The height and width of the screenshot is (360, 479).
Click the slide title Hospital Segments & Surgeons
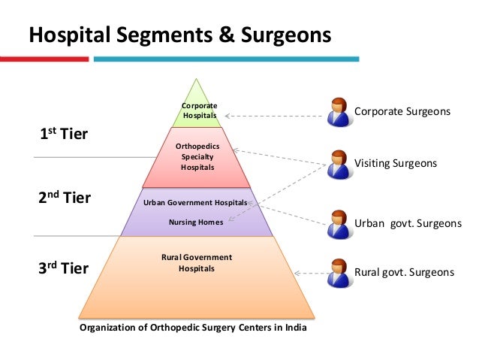pyautogui.click(x=180, y=35)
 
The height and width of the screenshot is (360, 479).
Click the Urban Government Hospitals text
pyautogui.click(x=194, y=203)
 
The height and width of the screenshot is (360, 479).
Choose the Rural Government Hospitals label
pyautogui.click(x=197, y=262)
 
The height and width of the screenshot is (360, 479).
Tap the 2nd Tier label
pyautogui.click(x=65, y=198)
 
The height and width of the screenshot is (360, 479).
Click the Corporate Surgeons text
pyautogui.click(x=402, y=111)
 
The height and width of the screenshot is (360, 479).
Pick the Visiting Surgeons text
pyautogui.click(x=395, y=162)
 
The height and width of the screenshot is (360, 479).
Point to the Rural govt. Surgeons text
pyautogui.click(x=404, y=273)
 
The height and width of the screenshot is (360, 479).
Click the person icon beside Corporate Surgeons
pyautogui.click(x=339, y=112)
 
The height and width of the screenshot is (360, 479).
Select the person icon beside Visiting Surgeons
pyautogui.click(x=339, y=163)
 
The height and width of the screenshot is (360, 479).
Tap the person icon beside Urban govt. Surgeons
pyautogui.click(x=339, y=222)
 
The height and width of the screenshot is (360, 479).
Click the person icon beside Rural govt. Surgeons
pyautogui.click(x=339, y=271)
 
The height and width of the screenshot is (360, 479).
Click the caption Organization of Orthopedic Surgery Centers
pyautogui.click(x=193, y=328)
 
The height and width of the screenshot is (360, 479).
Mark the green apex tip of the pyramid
pyautogui.click(x=197, y=84)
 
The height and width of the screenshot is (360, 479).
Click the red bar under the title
pyautogui.click(x=44, y=58)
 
